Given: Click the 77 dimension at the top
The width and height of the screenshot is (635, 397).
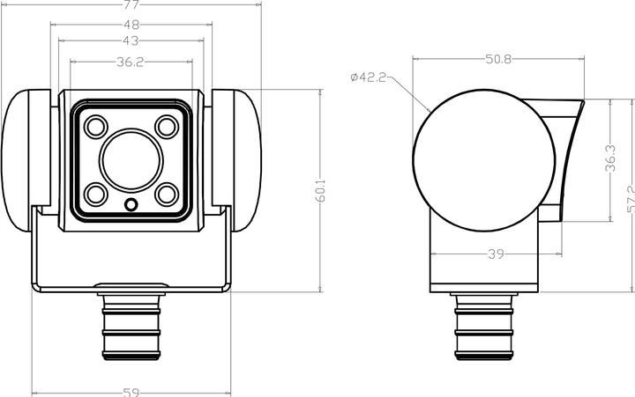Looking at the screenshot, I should [131, 4].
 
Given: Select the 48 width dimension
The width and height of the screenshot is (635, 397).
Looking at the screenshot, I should [131, 26].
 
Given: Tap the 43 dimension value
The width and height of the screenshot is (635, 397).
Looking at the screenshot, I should [131, 41].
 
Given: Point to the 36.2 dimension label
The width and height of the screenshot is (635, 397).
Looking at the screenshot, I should [131, 62].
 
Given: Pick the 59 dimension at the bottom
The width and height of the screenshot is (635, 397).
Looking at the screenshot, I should [131, 391].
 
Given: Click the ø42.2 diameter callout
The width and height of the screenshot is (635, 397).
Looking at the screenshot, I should [368, 77].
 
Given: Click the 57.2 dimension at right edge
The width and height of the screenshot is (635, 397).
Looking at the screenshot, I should [630, 199].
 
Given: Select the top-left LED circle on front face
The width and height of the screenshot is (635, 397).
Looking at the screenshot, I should [94, 127].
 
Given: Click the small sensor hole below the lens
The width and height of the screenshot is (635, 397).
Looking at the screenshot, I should [131, 205].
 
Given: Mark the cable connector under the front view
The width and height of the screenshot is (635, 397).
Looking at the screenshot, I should [131, 327].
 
